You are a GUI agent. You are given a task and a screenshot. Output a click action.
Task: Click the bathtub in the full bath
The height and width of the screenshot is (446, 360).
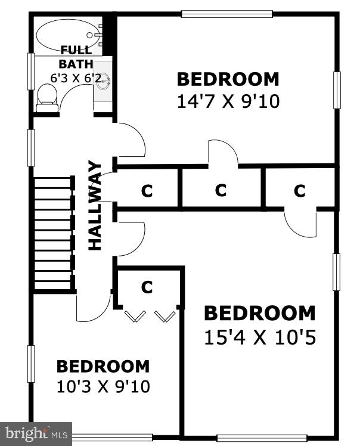[69, 35]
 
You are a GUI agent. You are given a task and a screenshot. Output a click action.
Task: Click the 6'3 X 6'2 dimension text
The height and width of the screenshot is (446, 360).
[76, 78]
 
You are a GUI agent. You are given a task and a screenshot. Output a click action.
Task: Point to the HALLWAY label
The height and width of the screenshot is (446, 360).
[95, 205]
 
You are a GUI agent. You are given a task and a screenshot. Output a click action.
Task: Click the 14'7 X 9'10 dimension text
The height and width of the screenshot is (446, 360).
[228, 101]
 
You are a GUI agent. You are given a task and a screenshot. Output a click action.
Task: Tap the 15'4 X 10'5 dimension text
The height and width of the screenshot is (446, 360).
[260, 337]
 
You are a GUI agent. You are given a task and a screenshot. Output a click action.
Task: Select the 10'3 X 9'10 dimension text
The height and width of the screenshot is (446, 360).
[103, 387]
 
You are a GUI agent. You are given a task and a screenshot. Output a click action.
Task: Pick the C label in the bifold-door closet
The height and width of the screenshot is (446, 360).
[147, 287]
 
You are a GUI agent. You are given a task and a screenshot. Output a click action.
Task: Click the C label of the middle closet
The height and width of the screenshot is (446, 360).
[221, 190]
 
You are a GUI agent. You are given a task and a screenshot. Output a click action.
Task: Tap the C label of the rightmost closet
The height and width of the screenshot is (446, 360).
[299, 191]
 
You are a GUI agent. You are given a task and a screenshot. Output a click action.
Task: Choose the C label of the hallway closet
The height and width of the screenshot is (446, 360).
[147, 191]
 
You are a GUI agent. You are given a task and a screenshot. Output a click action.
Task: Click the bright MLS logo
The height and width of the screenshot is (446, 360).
[36, 434]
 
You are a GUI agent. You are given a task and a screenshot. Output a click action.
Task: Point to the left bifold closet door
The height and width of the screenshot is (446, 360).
[135, 316]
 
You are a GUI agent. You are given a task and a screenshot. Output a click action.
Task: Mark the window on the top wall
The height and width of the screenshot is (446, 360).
[227, 14]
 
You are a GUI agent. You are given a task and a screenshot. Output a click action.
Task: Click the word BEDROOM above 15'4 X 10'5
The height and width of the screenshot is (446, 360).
[260, 313]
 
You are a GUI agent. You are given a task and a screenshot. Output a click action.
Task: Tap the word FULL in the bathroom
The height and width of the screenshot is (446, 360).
[76, 49]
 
